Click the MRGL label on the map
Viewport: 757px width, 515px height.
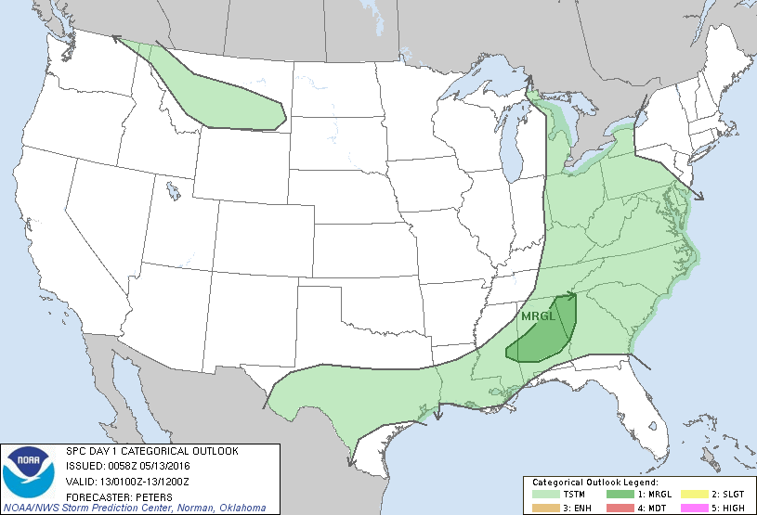(537, 316)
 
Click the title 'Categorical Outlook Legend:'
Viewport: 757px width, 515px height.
(594, 483)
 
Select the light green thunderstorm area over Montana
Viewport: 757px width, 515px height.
(223, 97)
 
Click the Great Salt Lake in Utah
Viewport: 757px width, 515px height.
(173, 191)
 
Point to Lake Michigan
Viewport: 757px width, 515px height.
(510, 144)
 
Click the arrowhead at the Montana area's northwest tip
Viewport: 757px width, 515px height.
(115, 38)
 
